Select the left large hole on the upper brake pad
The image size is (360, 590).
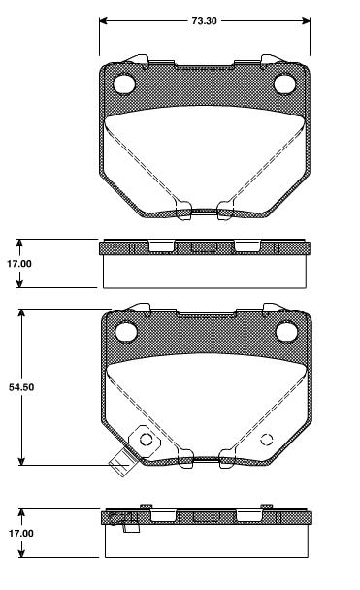tap(124, 84)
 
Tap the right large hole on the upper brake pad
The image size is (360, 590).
tap(284, 84)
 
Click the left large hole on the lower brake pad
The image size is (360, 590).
tap(125, 334)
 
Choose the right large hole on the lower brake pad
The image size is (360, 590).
tap(285, 334)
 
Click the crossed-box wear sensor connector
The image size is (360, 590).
tap(120, 466)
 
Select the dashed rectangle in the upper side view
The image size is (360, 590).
tap(205, 247)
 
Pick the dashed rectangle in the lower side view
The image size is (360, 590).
tap(205, 517)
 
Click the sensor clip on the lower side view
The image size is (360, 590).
tap(122, 519)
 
